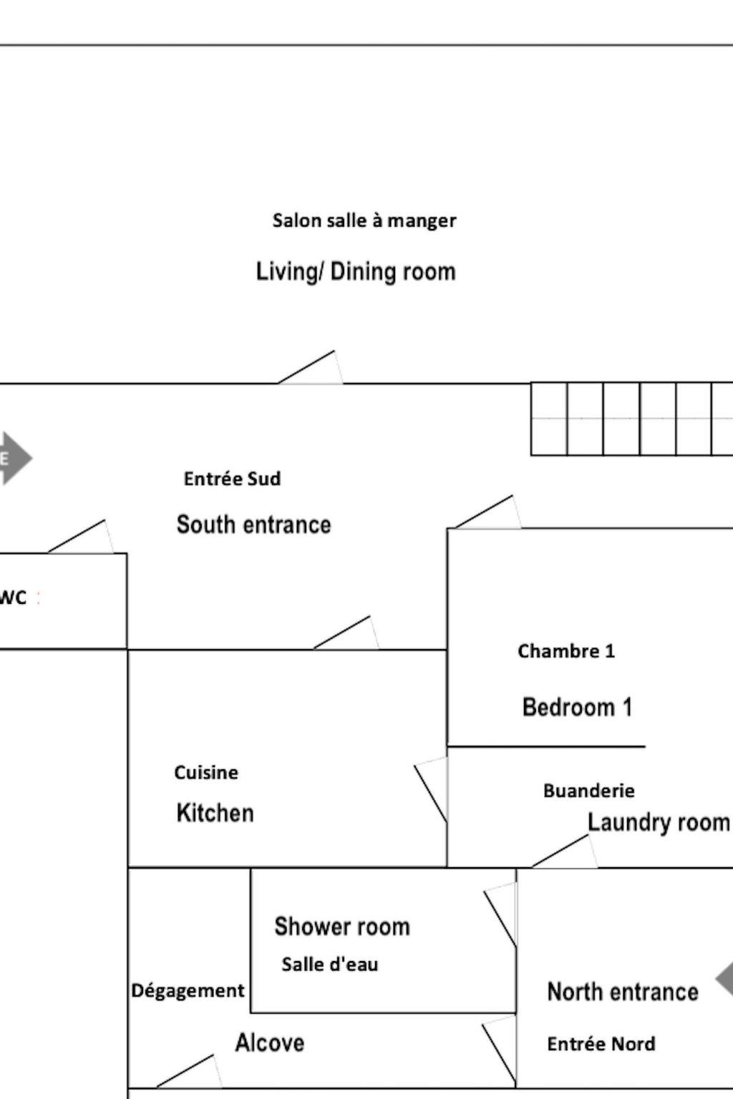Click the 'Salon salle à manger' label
[364, 220]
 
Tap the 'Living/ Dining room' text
[356, 272]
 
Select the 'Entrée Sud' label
[232, 479]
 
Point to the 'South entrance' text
[253, 524]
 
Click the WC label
[13, 597]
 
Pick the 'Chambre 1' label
[566, 651]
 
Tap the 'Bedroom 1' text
[577, 707]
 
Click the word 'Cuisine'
[206, 773]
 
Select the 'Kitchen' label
[215, 813]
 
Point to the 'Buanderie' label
[588, 791]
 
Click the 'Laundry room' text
[658, 822]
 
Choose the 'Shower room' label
[342, 927]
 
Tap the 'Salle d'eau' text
[329, 964]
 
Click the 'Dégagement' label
[188, 991]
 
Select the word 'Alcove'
[269, 1042]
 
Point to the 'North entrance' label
[622, 992]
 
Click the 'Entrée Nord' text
[601, 1044]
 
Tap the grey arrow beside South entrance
[14, 458]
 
